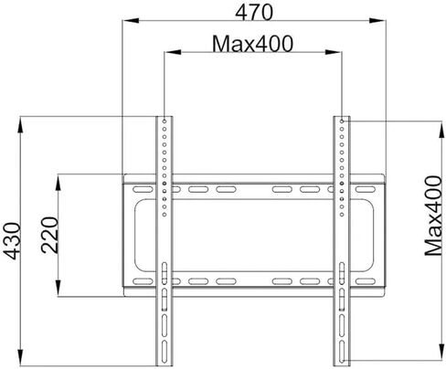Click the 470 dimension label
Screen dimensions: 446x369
[254, 13]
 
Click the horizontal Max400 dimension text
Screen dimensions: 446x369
[252, 44]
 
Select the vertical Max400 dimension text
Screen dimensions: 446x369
[433, 216]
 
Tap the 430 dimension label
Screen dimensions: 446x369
[12, 241]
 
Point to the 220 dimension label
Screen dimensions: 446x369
[49, 235]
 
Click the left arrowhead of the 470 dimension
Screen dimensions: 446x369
[131, 21]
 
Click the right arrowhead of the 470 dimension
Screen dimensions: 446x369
[377, 21]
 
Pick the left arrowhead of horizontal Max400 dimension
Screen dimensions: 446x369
[173, 52]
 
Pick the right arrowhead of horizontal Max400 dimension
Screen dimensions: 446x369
[333, 52]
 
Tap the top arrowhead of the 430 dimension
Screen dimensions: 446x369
[20, 125]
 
